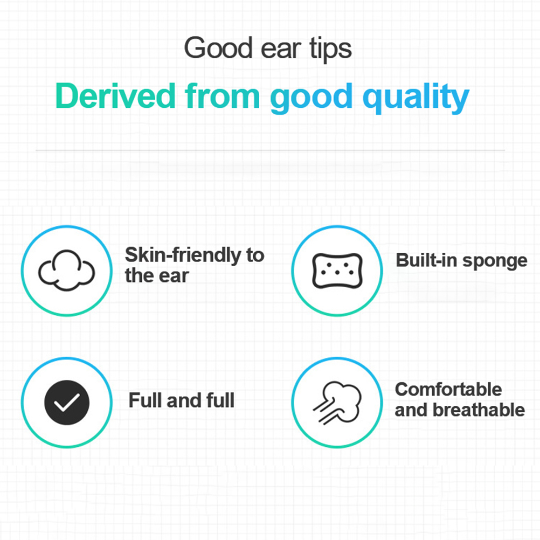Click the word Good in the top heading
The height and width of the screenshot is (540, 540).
pyautogui.click(x=218, y=47)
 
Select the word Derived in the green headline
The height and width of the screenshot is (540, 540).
pyautogui.click(x=115, y=96)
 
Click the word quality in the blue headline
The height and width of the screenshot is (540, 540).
pyautogui.click(x=416, y=98)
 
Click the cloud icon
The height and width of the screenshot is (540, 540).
pyautogui.click(x=66, y=270)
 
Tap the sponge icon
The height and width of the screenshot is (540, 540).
pyautogui.click(x=337, y=271)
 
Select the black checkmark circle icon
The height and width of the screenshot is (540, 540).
pyautogui.click(x=67, y=402)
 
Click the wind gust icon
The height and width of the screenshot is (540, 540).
pyautogui.click(x=337, y=403)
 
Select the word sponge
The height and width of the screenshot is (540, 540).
pyautogui.click(x=495, y=261)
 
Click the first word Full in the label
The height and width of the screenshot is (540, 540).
pyautogui.click(x=145, y=400)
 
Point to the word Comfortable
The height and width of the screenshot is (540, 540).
pyautogui.click(x=448, y=389)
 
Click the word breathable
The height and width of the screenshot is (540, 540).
pyautogui.click(x=479, y=410)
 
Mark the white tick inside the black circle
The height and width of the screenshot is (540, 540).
pyautogui.click(x=67, y=402)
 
